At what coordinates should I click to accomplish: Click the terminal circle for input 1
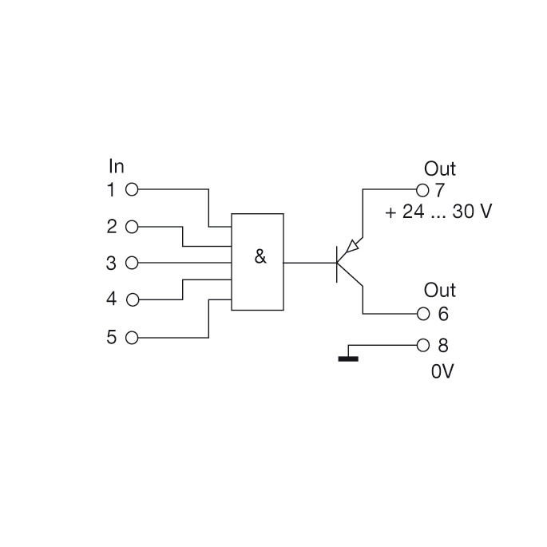coord(133,190)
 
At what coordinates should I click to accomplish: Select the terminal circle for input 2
coord(133,227)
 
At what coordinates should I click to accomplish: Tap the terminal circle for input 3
coord(133,263)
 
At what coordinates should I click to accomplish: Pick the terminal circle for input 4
coord(133,300)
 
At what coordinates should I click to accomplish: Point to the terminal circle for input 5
coord(133,337)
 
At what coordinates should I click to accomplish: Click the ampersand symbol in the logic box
coord(260,257)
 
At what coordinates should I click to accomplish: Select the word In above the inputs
coord(117,166)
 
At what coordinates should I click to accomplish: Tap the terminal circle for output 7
coord(423,190)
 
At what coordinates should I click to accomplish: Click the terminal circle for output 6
coord(423,314)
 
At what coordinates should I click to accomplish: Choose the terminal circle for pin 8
coord(423,346)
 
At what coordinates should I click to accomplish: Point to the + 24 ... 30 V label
coord(438,212)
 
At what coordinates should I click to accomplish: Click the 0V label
coord(442,371)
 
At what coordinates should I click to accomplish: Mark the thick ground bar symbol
coord(348,359)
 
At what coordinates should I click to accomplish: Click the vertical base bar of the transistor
coord(337,263)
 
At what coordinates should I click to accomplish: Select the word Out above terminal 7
coord(439,168)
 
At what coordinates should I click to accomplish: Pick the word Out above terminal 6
coord(439,290)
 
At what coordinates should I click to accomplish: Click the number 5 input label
coord(112,337)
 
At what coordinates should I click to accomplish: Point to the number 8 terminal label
coord(444,347)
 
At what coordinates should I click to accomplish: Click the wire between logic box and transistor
coord(309,263)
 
